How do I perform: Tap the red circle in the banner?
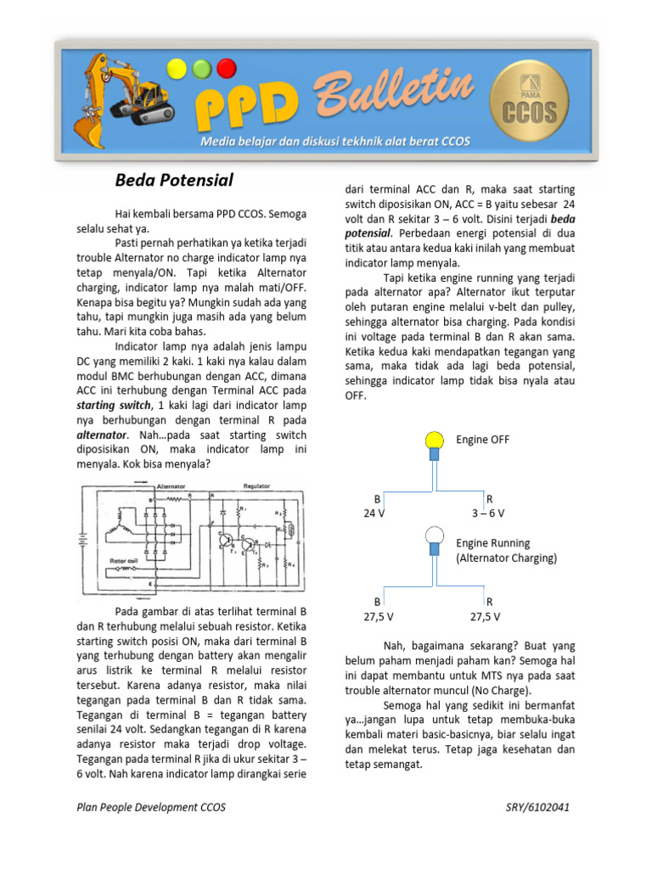(x=226, y=67)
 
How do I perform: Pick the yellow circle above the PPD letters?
(x=177, y=68)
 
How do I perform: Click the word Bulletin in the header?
(x=394, y=96)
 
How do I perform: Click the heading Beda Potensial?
(x=174, y=180)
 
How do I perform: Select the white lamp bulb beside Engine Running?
(x=434, y=535)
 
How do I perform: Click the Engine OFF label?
(x=483, y=440)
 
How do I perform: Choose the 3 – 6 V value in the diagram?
(x=488, y=513)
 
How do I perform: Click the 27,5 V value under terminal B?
(x=377, y=616)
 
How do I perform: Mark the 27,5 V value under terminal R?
(x=485, y=616)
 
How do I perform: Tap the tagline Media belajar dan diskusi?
(x=334, y=141)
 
